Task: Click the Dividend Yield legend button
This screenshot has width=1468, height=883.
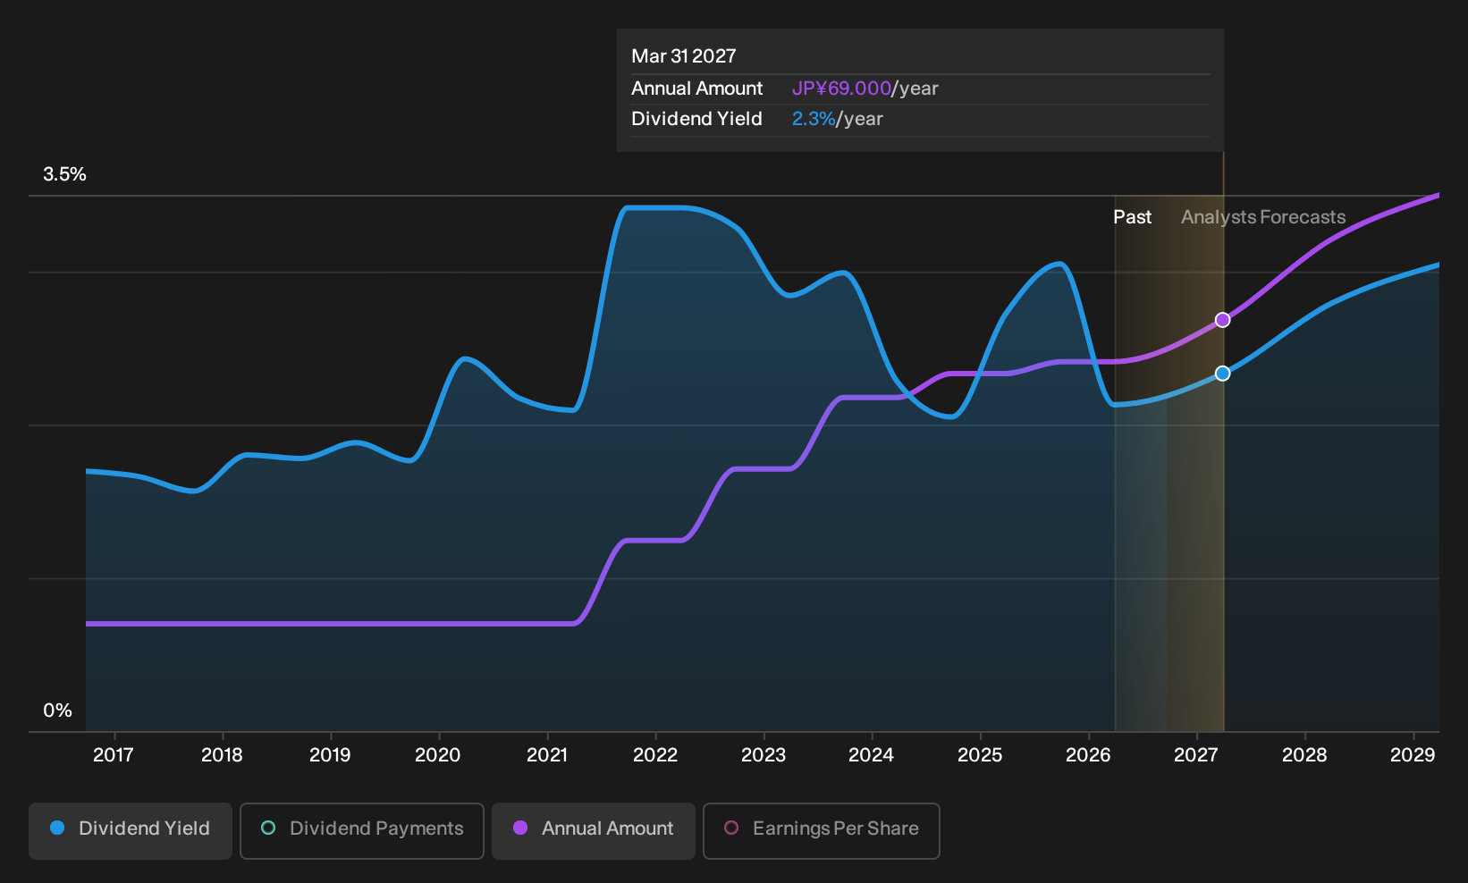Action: [x=131, y=830]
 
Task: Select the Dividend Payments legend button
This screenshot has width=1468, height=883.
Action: [x=362, y=830]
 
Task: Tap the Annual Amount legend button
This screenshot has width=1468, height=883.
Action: [x=593, y=830]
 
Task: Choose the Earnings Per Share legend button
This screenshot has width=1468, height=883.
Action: [x=821, y=830]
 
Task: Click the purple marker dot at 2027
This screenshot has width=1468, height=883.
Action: [x=1222, y=320]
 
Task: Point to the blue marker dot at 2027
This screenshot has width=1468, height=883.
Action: [x=1222, y=374]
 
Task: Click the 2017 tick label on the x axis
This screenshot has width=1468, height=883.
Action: [x=114, y=755]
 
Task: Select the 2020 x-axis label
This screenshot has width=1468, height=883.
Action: [x=438, y=755]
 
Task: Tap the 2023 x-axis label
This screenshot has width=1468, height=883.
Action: [x=764, y=755]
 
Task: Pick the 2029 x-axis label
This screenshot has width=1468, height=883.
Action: [x=1413, y=755]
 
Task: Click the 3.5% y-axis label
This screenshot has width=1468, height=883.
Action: [x=64, y=174]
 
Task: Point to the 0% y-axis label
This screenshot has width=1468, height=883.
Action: [x=58, y=711]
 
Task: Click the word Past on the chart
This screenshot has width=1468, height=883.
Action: [x=1133, y=217]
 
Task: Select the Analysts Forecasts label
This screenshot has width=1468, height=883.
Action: [x=1263, y=217]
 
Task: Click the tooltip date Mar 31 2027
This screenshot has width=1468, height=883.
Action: [x=684, y=56]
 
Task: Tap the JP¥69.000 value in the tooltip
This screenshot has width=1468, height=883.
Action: [x=841, y=88]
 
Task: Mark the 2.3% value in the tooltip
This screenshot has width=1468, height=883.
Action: [x=814, y=119]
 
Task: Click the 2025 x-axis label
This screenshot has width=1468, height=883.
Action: [x=980, y=755]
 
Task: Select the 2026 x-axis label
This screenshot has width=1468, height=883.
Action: [x=1088, y=755]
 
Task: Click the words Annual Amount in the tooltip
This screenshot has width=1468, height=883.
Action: [x=696, y=88]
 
